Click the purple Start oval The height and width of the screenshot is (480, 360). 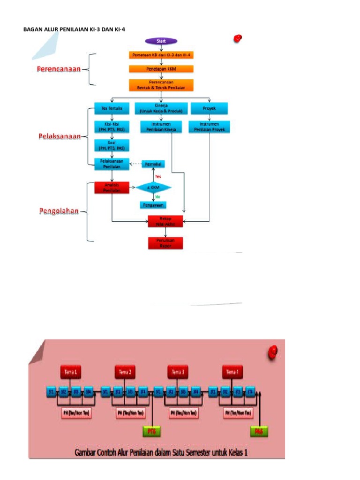point(161,41)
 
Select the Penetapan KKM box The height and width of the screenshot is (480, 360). point(161,69)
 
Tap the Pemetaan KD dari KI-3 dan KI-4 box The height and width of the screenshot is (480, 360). point(161,55)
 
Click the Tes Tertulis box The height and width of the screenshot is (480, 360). point(112,108)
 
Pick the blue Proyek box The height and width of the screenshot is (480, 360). point(209,108)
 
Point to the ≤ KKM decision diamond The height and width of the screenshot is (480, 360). point(153,188)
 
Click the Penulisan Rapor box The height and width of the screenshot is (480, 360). point(165,242)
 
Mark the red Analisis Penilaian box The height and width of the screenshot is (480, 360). point(112,188)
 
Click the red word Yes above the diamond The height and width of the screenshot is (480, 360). point(158,176)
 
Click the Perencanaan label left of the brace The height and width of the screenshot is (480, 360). point(59,69)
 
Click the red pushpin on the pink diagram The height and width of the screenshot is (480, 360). point(273,352)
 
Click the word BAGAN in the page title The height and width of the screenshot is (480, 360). point(32,30)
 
